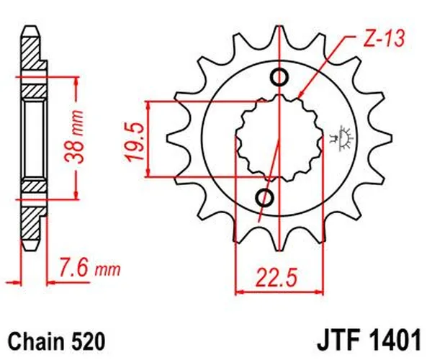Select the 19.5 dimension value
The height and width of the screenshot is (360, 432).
132,137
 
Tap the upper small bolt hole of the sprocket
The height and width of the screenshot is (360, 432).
279,78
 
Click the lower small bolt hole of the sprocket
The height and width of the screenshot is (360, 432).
264,197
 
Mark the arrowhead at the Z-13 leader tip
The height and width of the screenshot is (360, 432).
300,96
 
